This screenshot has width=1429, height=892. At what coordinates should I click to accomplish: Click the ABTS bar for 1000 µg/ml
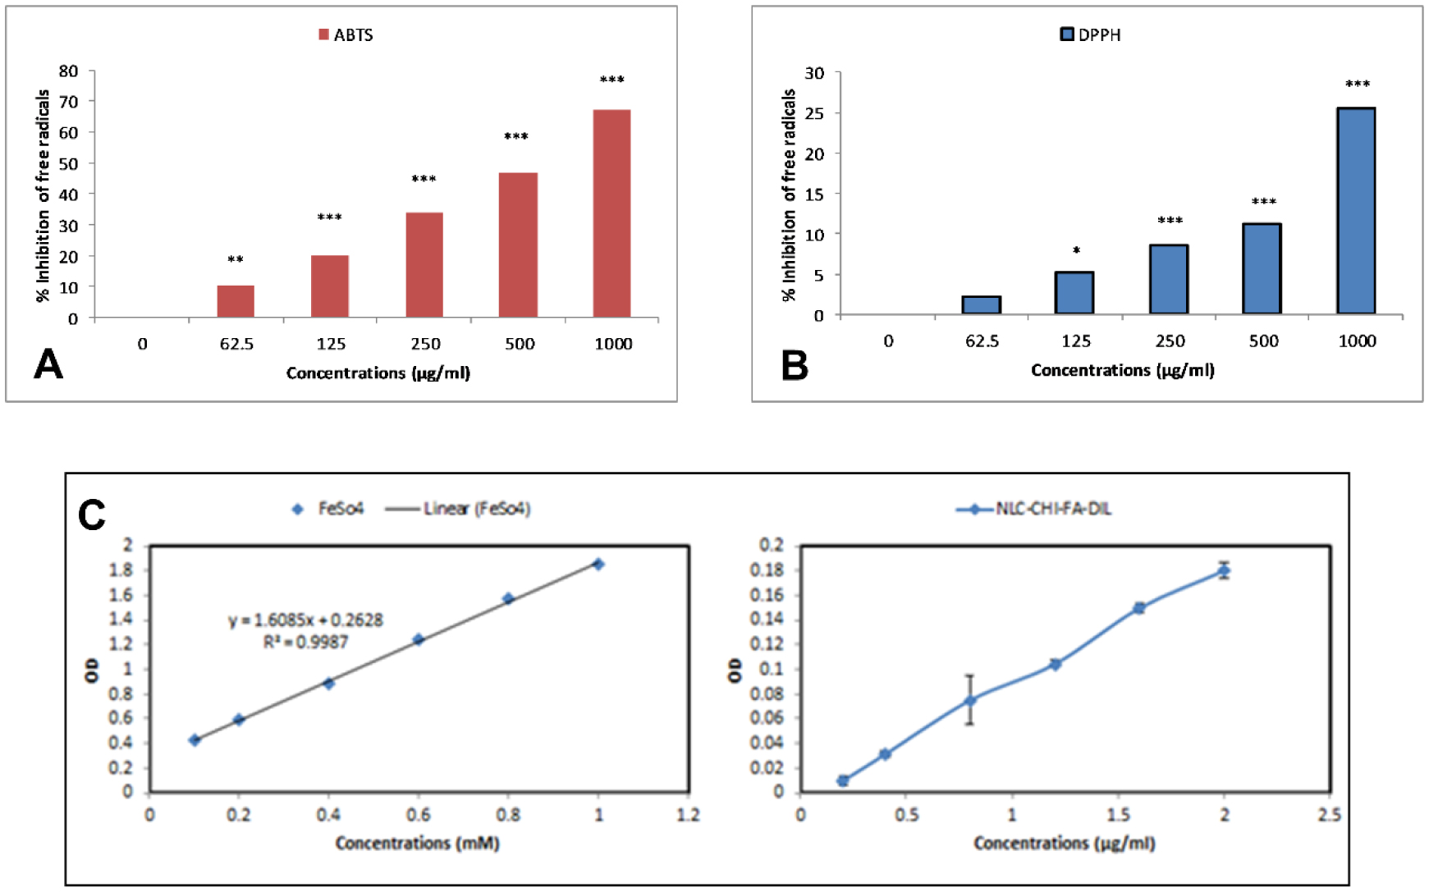click(x=611, y=213)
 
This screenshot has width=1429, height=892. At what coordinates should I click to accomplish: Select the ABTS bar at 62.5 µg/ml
click(x=236, y=301)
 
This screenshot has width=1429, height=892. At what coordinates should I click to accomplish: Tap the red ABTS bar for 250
click(x=424, y=264)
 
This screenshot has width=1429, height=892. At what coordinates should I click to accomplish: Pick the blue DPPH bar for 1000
click(x=1356, y=211)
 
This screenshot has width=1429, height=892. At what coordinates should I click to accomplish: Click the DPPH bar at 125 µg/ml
click(x=1074, y=293)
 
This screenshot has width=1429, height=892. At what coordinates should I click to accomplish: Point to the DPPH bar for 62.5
click(x=981, y=305)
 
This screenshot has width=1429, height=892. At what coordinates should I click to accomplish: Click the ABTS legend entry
click(x=346, y=34)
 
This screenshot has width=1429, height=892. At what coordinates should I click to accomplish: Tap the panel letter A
click(x=48, y=364)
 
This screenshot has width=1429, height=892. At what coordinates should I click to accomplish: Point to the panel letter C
click(x=92, y=515)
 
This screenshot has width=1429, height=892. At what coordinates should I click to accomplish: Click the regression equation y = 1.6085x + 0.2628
click(x=305, y=620)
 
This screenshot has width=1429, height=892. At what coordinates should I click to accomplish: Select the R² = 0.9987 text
click(x=305, y=642)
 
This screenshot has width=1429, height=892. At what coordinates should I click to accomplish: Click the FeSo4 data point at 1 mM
click(x=598, y=564)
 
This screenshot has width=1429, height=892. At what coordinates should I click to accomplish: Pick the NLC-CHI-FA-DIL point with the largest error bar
click(x=970, y=701)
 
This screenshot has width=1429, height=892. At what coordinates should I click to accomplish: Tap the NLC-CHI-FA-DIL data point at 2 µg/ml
click(x=1224, y=570)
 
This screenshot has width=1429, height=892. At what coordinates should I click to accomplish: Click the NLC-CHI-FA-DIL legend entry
click(x=1034, y=509)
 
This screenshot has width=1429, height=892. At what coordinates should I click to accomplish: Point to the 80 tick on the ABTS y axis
click(x=69, y=71)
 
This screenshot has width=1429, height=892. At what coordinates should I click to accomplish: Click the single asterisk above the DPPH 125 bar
click(x=1076, y=250)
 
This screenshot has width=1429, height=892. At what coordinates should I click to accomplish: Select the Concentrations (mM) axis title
click(x=417, y=843)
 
